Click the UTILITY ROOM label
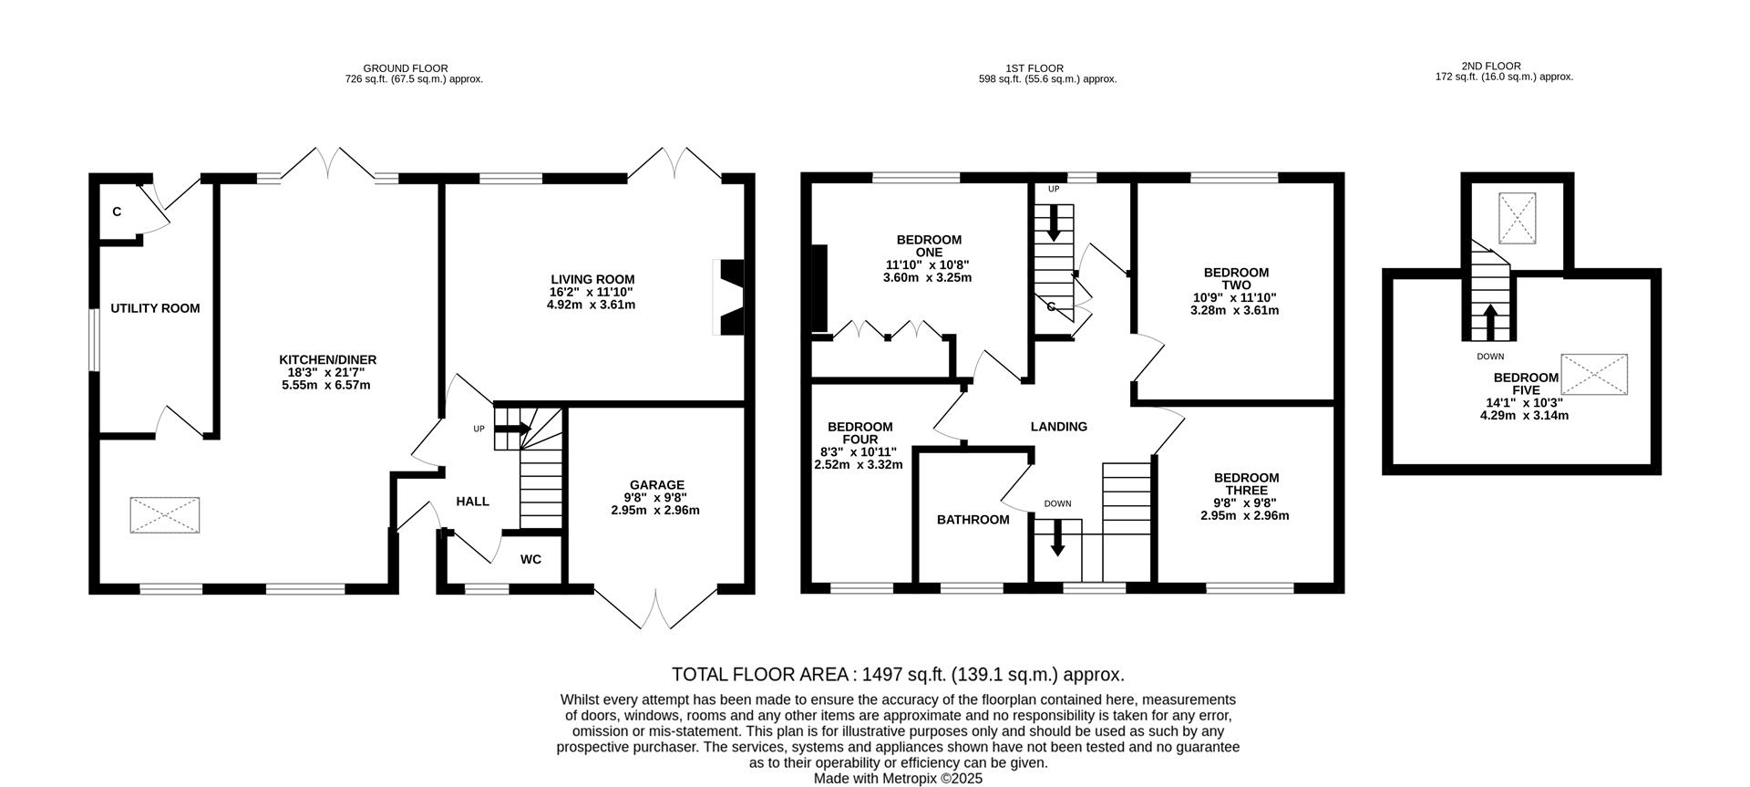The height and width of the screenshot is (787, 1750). pyautogui.click(x=155, y=308)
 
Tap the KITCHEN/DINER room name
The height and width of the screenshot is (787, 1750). pyautogui.click(x=327, y=360)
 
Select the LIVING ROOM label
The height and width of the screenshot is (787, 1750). pyautogui.click(x=592, y=280)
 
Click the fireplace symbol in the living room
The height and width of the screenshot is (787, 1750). pyautogui.click(x=729, y=298)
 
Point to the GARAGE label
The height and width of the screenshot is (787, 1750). pyautogui.click(x=656, y=485)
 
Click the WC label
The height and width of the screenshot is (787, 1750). pyautogui.click(x=530, y=559)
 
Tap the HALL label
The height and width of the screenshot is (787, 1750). pyautogui.click(x=472, y=502)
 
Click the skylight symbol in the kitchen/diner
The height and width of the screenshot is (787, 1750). pyautogui.click(x=165, y=514)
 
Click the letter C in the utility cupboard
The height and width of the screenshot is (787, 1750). pyautogui.click(x=117, y=212)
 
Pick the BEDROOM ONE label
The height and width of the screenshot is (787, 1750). pyautogui.click(x=929, y=246)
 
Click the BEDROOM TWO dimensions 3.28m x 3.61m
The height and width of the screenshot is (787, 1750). pyautogui.click(x=1235, y=310)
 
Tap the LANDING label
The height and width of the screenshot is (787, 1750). pyautogui.click(x=1058, y=426)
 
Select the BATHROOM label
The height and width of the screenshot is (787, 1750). pyautogui.click(x=973, y=520)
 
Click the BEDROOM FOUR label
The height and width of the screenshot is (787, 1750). pyautogui.click(x=860, y=432)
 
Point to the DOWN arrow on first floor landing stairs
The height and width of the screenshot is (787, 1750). pyautogui.click(x=1057, y=538)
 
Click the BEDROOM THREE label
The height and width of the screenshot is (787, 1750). pyautogui.click(x=1246, y=483)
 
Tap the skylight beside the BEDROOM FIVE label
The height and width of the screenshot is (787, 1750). pyautogui.click(x=1594, y=375)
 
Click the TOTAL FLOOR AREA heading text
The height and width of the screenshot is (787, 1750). pyautogui.click(x=898, y=675)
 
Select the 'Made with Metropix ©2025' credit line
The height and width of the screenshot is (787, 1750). pyautogui.click(x=898, y=779)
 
